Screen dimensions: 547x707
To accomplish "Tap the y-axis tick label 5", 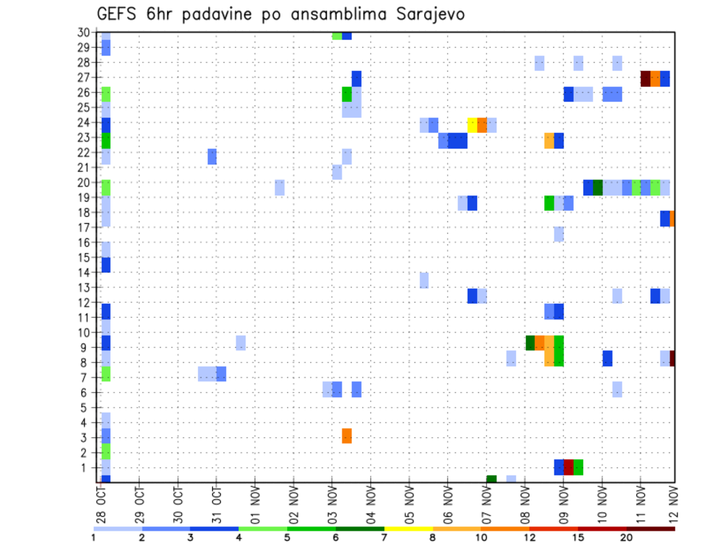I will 86,408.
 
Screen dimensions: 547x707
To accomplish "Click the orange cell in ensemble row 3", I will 347,436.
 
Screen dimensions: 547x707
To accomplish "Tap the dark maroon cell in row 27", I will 645,78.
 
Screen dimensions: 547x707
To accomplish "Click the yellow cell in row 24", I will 472,125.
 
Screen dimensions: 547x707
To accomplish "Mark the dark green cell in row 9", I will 530,343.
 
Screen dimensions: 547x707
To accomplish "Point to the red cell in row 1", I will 569,467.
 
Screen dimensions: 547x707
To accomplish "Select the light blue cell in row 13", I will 424,280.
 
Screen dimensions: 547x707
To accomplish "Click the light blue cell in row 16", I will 559,234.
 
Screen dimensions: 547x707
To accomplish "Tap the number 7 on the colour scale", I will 384,537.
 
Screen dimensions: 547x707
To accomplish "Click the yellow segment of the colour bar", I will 408,529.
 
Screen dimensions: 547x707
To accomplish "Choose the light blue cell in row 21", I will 337,172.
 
